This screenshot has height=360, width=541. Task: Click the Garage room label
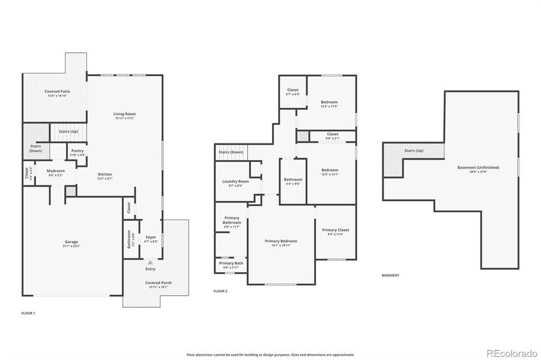coord(71,242)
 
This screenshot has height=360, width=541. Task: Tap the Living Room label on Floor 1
coord(125,113)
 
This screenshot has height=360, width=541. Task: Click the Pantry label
coord(77,151)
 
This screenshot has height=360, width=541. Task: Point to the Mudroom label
coord(56,170)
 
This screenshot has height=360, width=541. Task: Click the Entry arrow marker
coord(150,263)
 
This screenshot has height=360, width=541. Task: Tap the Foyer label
coord(151,237)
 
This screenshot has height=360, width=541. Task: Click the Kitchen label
coord(104,174)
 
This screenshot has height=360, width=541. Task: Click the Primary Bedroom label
coord(281,241)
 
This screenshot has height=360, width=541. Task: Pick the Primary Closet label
coord(335,230)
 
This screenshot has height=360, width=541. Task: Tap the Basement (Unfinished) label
coord(477,167)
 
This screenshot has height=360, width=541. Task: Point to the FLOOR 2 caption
coord(220,291)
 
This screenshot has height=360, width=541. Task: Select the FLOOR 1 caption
coord(28,313)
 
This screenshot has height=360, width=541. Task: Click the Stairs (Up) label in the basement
coord(414,151)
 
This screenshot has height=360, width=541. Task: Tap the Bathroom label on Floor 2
coord(293,179)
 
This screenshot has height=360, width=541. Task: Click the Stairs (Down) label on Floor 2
coord(231,152)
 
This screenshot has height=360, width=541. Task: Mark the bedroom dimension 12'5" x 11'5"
coord(329,106)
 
